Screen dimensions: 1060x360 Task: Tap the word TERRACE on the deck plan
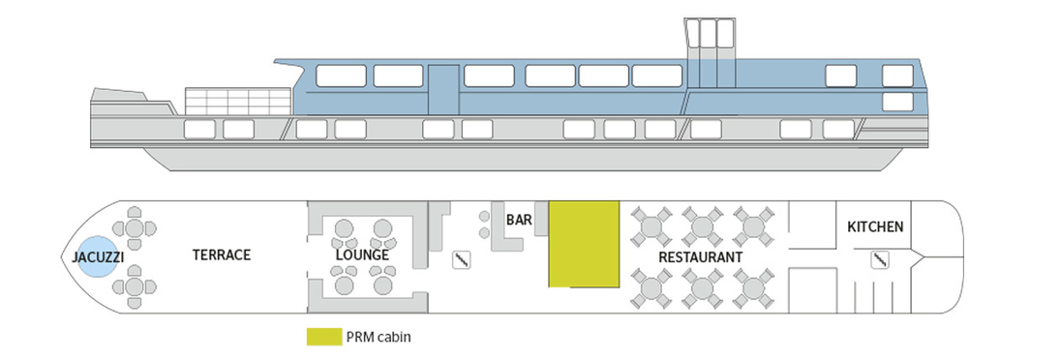(221, 255)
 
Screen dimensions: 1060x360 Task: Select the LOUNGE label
(362, 255)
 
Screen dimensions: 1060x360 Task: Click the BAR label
(519, 220)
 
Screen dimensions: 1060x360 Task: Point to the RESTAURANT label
(700, 257)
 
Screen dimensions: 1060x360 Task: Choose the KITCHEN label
(875, 227)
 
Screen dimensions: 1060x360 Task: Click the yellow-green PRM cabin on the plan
(584, 243)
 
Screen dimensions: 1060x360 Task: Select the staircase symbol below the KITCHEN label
(879, 259)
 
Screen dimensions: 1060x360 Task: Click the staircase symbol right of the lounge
(463, 259)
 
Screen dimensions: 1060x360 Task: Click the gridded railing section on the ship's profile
(237, 101)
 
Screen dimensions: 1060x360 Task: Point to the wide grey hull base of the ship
(523, 160)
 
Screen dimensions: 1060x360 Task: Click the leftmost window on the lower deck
(198, 129)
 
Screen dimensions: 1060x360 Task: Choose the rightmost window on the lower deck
(838, 129)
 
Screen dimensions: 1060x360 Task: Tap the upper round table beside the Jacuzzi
(136, 228)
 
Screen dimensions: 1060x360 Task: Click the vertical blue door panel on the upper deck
(443, 88)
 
